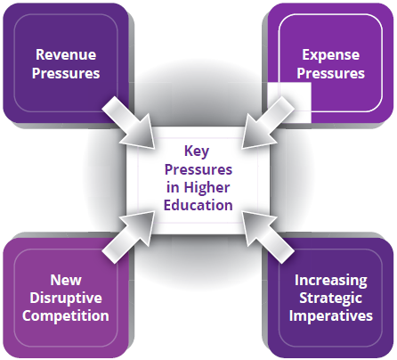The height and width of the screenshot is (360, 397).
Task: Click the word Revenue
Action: click(x=66, y=55)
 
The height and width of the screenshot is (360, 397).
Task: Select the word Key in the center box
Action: click(x=197, y=151)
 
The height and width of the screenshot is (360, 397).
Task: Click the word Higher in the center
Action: click(x=207, y=188)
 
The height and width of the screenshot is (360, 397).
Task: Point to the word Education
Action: click(x=198, y=205)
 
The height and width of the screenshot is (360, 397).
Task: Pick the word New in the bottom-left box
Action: click(x=66, y=280)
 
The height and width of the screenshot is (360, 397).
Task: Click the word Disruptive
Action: click(x=66, y=299)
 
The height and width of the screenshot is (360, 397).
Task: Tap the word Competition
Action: click(x=66, y=315)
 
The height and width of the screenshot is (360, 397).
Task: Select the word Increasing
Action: click(x=331, y=281)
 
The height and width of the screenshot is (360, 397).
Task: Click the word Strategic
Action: click(x=331, y=299)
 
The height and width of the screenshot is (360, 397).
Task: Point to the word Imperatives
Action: click(x=331, y=316)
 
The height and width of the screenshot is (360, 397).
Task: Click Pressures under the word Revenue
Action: click(x=66, y=73)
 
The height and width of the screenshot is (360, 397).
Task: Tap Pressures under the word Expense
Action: click(x=331, y=73)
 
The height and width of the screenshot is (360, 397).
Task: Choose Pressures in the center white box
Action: click(x=198, y=169)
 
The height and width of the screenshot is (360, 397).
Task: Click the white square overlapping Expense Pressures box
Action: click(x=289, y=102)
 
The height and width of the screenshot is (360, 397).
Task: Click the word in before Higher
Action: click(x=173, y=188)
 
